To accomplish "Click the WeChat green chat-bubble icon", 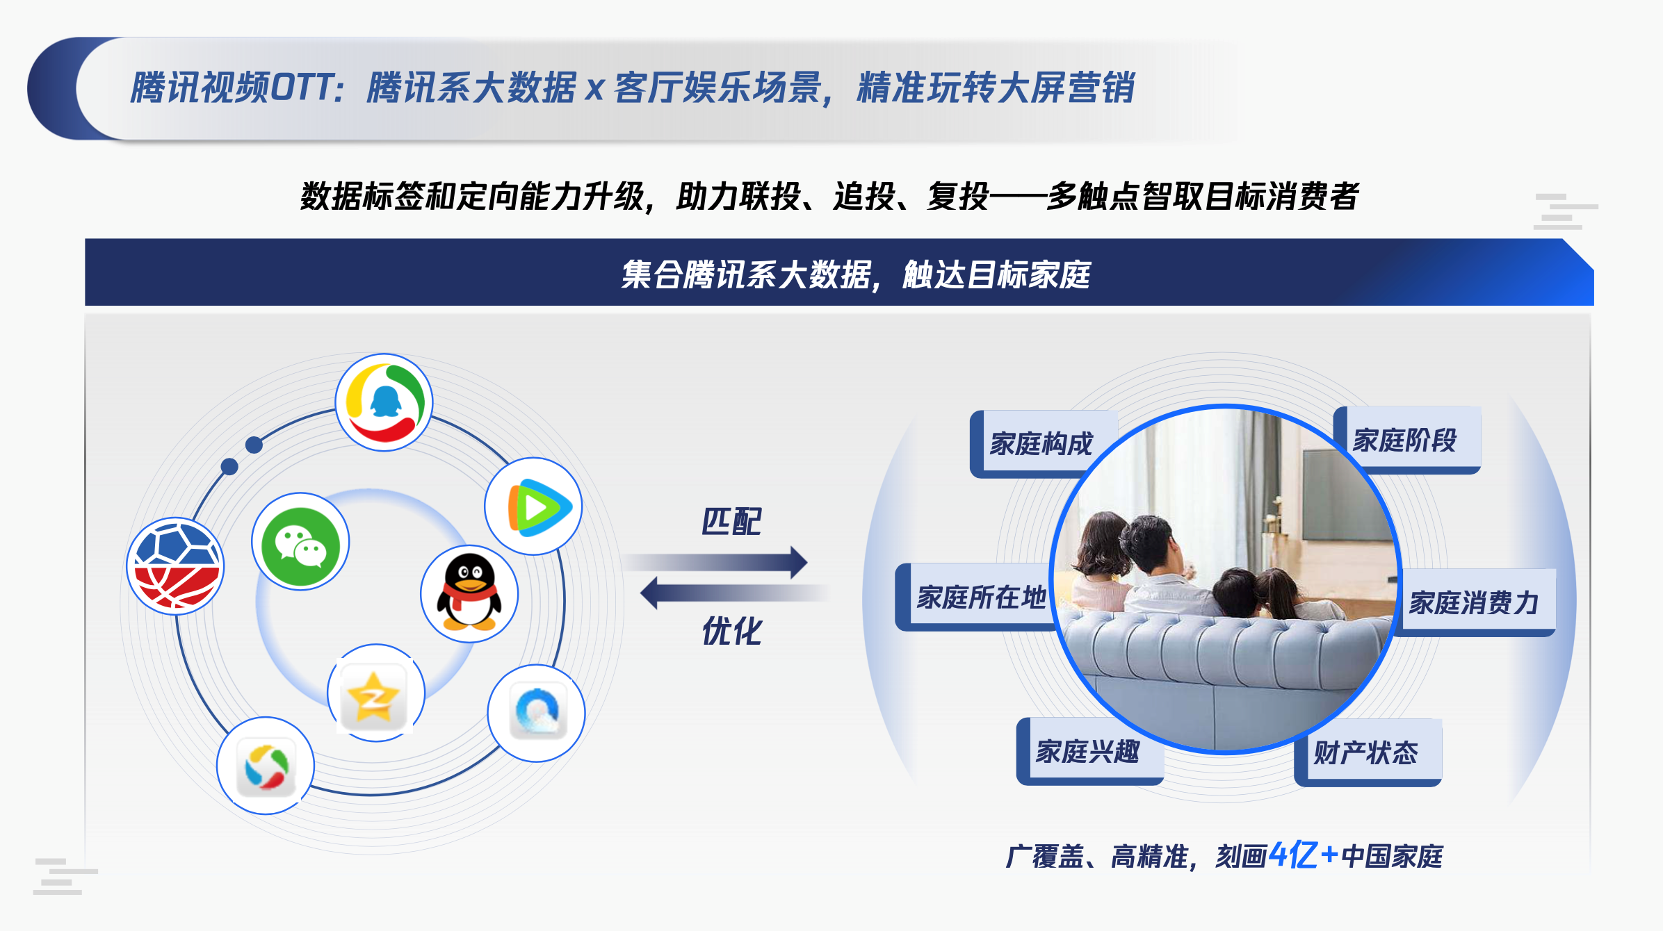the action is (x=300, y=542).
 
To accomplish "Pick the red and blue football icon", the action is (x=175, y=566).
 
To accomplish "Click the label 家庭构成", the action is (x=1041, y=443).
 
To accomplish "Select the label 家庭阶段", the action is (x=1404, y=440).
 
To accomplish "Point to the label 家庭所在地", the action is (x=981, y=597).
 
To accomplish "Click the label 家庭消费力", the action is (x=1473, y=602).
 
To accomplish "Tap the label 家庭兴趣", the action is (x=1087, y=751).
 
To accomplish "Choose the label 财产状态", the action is (x=1365, y=752).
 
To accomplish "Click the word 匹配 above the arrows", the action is (x=731, y=522).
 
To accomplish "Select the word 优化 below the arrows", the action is (x=731, y=632).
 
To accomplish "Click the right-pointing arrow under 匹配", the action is (x=716, y=562).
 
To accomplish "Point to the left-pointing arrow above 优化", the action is (x=734, y=593).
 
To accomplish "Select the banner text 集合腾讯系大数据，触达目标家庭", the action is (x=856, y=274).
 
